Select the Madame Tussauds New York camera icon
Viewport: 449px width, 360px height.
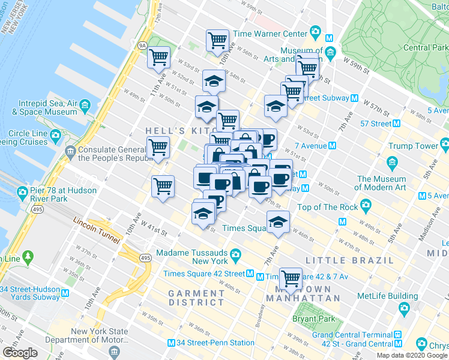(x=236, y=253)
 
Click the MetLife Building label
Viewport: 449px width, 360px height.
(x=387, y=296)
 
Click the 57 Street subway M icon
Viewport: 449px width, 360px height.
(x=396, y=124)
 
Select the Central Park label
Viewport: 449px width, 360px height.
(x=424, y=47)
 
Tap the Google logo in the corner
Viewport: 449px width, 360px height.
(x=20, y=352)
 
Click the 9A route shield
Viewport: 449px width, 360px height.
(x=142, y=44)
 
